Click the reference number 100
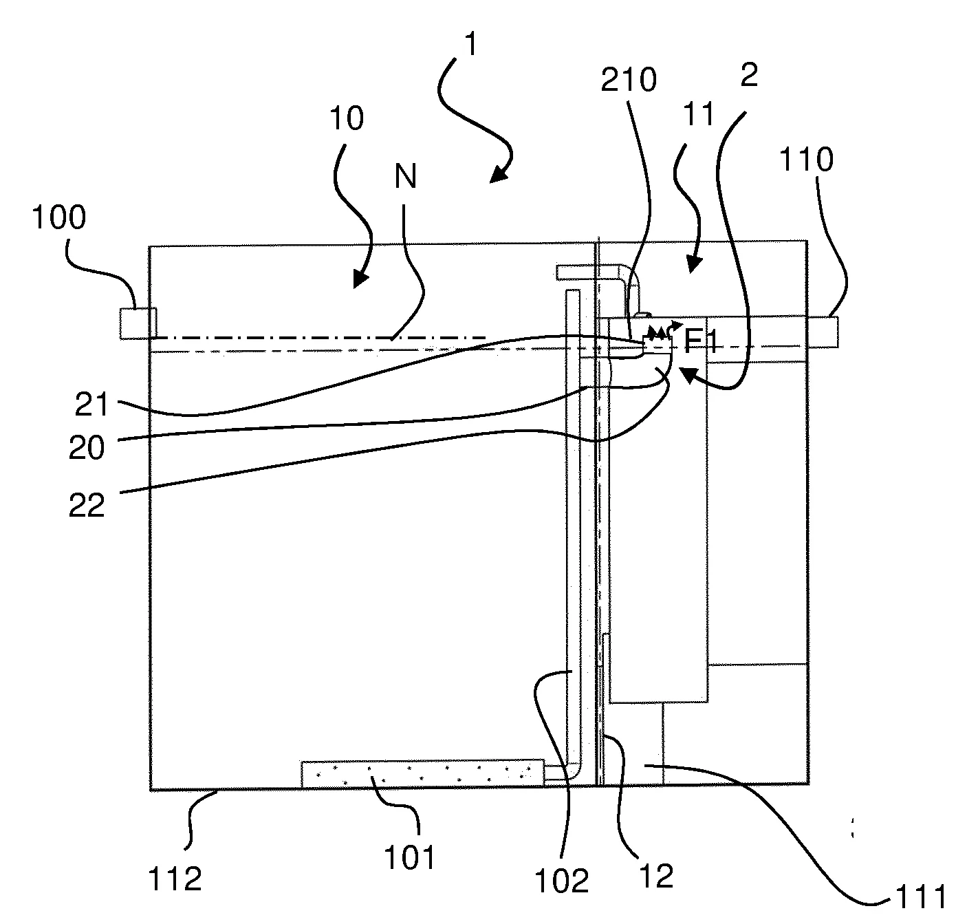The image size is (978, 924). [x=59, y=219]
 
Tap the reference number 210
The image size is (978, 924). [x=629, y=81]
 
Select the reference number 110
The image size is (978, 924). [x=805, y=160]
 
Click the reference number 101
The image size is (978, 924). [x=410, y=858]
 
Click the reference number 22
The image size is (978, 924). [x=87, y=506]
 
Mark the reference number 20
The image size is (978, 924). [x=87, y=448]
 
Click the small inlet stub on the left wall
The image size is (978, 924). [x=138, y=323]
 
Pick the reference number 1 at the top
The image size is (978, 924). [x=470, y=45]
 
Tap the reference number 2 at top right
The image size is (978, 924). [x=749, y=76]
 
